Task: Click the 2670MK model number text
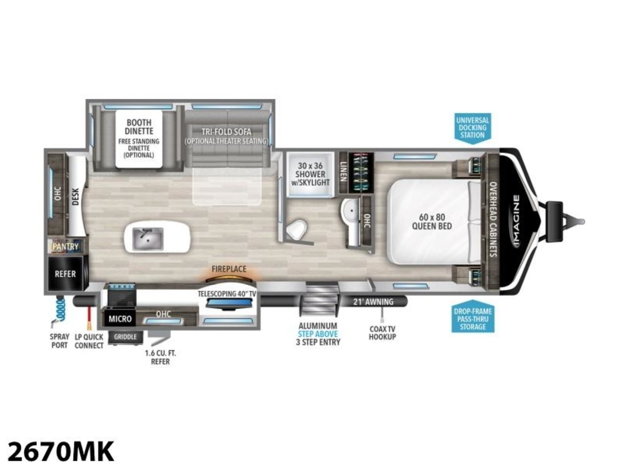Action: click(60, 451)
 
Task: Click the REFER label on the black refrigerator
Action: click(65, 274)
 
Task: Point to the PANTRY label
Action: click(66, 246)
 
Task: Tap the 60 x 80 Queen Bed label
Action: click(432, 222)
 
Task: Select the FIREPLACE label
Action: click(229, 269)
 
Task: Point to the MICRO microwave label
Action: click(120, 319)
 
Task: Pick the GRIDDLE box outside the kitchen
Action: click(125, 337)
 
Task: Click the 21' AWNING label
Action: click(373, 302)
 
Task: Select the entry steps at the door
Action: click(319, 299)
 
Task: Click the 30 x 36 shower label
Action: click(310, 174)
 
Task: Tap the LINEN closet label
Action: click(343, 172)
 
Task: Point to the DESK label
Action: click(75, 197)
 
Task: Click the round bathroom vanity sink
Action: click(351, 211)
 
